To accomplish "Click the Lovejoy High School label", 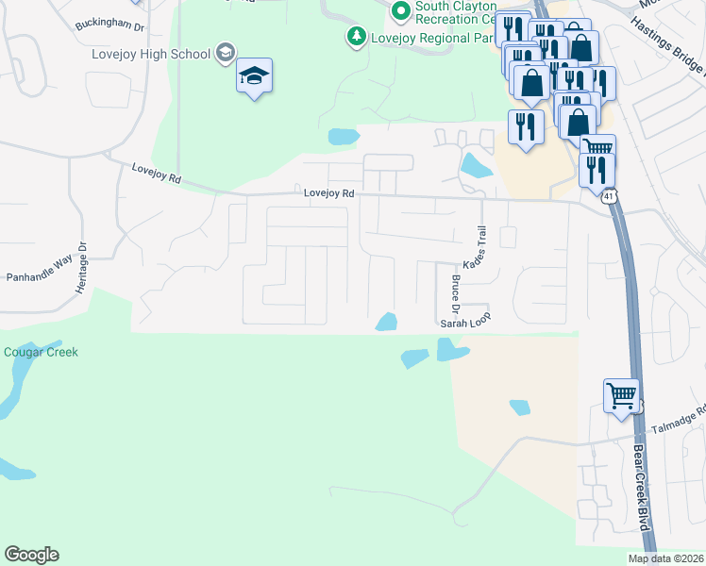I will pos(151,54).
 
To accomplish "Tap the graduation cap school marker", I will pos(254,75).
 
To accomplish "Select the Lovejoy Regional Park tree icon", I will pos(357,38).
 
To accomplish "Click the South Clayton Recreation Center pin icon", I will pos(401,11).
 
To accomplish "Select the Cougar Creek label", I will pos(41,353).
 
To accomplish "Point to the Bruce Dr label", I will pos(455,294).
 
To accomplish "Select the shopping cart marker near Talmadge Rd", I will pos(622,396).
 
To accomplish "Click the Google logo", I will pos(31,555).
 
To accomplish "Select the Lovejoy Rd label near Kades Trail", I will pos(328,192).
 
